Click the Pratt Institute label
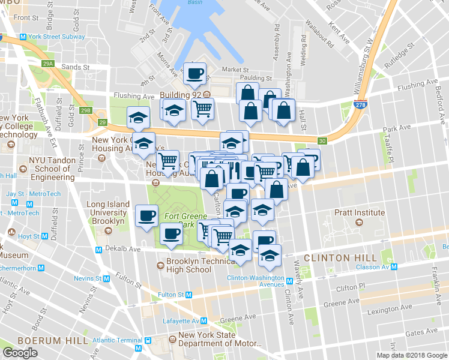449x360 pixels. [x=359, y=212]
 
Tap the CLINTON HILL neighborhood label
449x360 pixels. [x=335, y=257]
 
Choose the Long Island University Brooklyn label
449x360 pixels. [x=108, y=212]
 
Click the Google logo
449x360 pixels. [x=20, y=352]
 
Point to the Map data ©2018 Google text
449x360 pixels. [x=412, y=355]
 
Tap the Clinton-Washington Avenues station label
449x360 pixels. [x=255, y=281]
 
